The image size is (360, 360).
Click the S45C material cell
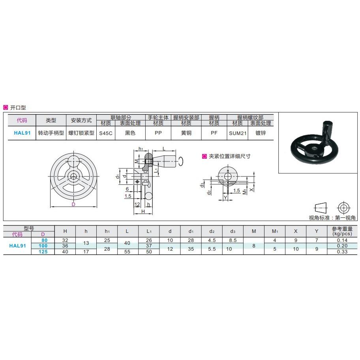click(x=106, y=133)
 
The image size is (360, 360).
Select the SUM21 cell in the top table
click(x=238, y=133)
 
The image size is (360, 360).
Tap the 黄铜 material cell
click(x=186, y=133)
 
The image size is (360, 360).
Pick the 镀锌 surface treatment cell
click(x=261, y=133)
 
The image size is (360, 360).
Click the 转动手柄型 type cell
click(x=51, y=133)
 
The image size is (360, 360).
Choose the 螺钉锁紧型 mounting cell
click(x=81, y=133)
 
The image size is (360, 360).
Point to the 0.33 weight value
click(x=342, y=252)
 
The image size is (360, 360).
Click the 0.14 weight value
click(x=342, y=240)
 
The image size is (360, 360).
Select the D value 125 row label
click(x=43, y=252)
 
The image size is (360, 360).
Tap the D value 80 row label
click(x=44, y=240)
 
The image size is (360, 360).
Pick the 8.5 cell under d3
click(x=233, y=240)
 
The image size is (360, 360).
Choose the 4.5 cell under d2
click(x=212, y=240)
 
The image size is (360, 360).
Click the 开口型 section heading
click(x=18, y=107)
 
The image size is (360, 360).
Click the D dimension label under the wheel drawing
click(x=73, y=204)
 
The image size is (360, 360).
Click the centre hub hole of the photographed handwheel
click(x=312, y=148)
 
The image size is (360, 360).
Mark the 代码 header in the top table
click(x=22, y=120)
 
